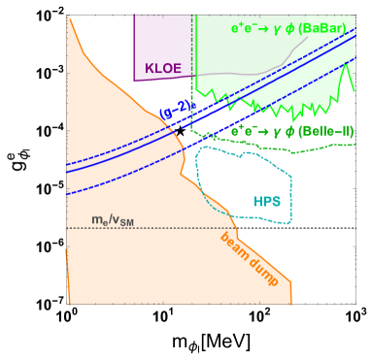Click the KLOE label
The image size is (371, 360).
(x=163, y=68)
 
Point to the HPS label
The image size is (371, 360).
(x=267, y=202)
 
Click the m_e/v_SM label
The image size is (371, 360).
(x=113, y=220)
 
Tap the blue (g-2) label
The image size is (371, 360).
(x=178, y=111)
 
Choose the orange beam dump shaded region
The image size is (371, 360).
(x=117, y=262)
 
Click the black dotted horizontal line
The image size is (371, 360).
(x=311, y=228)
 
